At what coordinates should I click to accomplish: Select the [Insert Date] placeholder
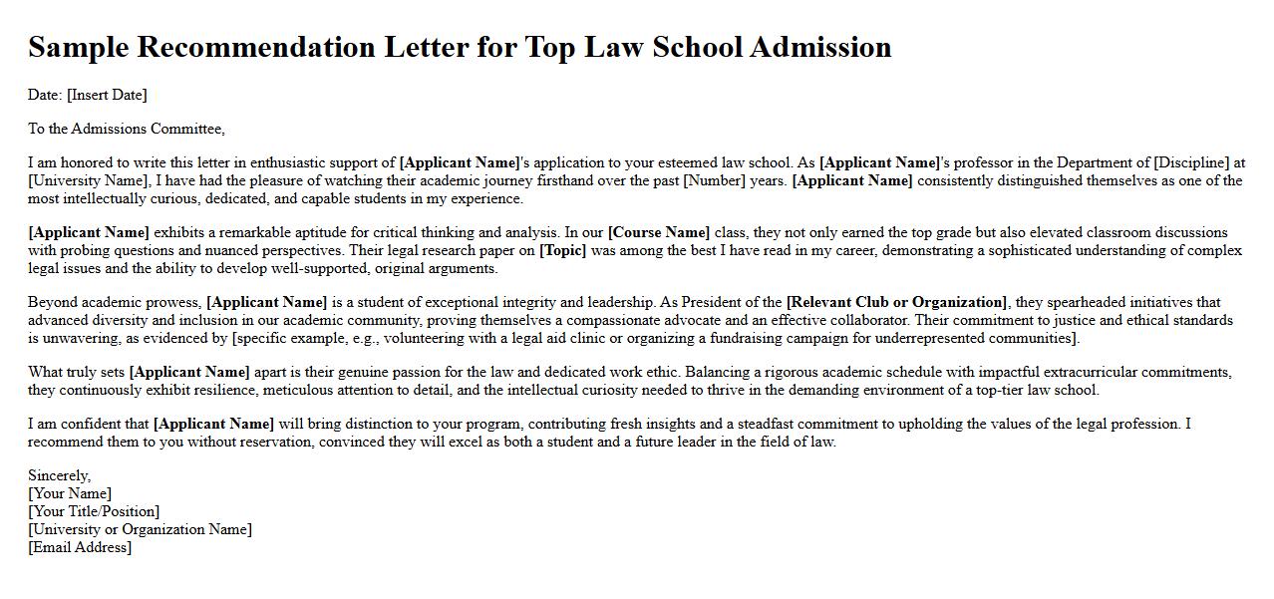point(107,95)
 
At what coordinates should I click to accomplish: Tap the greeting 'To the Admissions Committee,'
point(127,129)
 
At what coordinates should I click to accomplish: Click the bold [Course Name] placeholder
point(659,232)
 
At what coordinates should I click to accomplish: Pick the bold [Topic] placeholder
point(562,250)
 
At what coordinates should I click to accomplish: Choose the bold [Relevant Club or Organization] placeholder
point(897,302)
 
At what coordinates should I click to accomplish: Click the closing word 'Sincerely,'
point(60,475)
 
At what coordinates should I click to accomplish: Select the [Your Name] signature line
point(70,493)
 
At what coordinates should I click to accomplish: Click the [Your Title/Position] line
point(94,511)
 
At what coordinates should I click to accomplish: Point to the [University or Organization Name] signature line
point(140,529)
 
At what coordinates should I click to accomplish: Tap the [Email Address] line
point(80,547)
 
